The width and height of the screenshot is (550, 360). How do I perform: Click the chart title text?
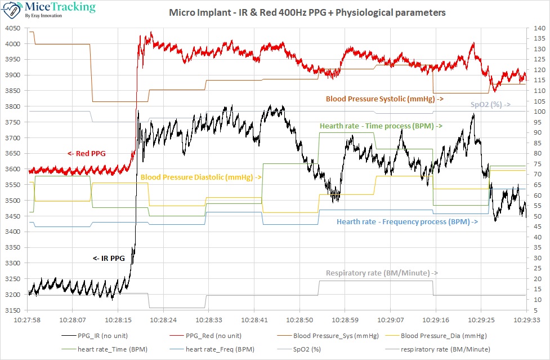click(307, 12)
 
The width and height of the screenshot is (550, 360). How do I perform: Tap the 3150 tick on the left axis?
click(12, 310)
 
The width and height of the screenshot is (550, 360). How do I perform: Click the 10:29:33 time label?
click(526, 319)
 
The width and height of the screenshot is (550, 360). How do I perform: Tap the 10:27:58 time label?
click(27, 319)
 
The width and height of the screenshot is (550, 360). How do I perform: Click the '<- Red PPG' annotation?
click(86, 153)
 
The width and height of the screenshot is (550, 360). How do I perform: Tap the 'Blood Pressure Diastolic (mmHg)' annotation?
click(201, 177)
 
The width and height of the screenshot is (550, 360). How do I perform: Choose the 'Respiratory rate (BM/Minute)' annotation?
click(382, 273)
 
